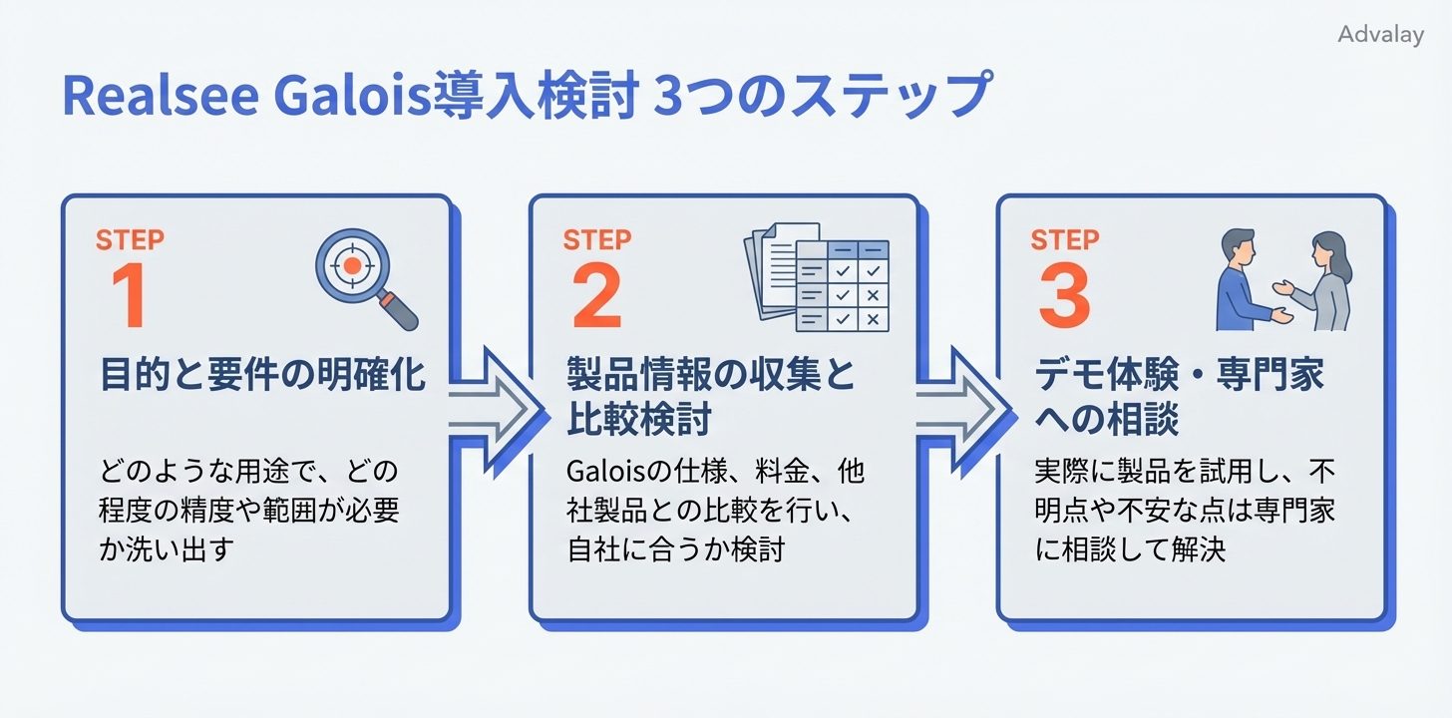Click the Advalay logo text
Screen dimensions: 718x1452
pyautogui.click(x=1380, y=35)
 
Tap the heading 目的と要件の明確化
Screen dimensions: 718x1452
pyautogui.click(x=262, y=377)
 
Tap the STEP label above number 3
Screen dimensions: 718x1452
pyautogui.click(x=1064, y=239)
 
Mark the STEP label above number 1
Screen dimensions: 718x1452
pyautogui.click(x=130, y=239)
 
